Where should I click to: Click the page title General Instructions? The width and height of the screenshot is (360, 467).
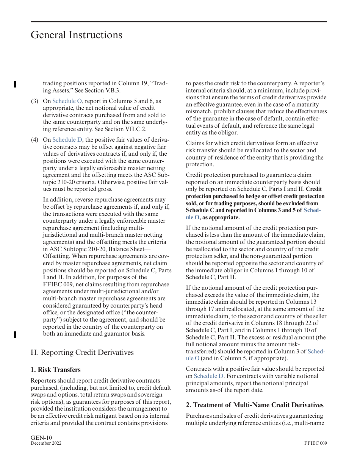tap(76, 35)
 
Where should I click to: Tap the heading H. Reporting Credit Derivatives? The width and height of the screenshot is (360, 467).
tap(82, 352)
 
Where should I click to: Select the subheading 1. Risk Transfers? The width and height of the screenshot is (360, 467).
tap(55, 370)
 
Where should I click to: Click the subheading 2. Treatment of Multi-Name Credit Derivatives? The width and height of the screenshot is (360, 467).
tap(254, 405)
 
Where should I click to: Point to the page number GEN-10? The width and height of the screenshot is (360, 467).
tap(41, 438)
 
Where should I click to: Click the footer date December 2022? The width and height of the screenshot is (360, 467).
tap(46, 444)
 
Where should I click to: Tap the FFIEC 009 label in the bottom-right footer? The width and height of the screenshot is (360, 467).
tap(315, 444)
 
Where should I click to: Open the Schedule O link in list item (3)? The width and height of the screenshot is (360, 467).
tap(67, 101)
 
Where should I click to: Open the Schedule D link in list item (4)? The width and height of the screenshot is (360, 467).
tap(67, 140)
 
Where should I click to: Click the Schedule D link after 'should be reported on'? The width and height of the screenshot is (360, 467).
tap(208, 376)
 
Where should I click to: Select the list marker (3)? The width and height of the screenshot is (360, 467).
tap(34, 101)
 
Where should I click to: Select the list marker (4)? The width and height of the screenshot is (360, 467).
tap(34, 140)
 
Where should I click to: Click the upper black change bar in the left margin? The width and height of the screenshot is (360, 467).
tap(15, 84)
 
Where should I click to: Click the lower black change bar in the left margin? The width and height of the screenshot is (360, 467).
tap(15, 334)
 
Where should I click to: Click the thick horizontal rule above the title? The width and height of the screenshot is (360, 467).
tap(178, 22)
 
